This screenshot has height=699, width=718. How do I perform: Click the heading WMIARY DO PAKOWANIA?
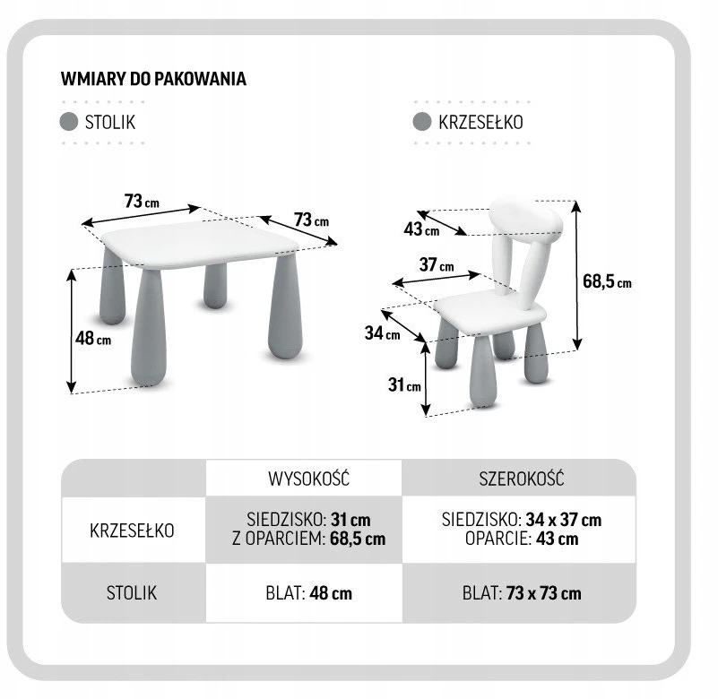tap(153, 79)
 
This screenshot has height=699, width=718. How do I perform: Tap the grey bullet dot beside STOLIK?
tap(69, 122)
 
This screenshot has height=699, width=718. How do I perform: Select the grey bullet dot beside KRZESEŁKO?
tap(421, 122)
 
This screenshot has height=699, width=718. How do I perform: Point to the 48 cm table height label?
tap(93, 339)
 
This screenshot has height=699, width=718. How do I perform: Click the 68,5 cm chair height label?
tap(607, 281)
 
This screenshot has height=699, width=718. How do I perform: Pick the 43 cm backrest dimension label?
tap(421, 229)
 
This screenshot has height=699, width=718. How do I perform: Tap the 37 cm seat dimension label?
tap(437, 264)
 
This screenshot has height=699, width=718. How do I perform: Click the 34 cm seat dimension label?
tap(383, 332)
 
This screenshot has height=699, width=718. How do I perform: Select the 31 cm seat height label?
tap(404, 385)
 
